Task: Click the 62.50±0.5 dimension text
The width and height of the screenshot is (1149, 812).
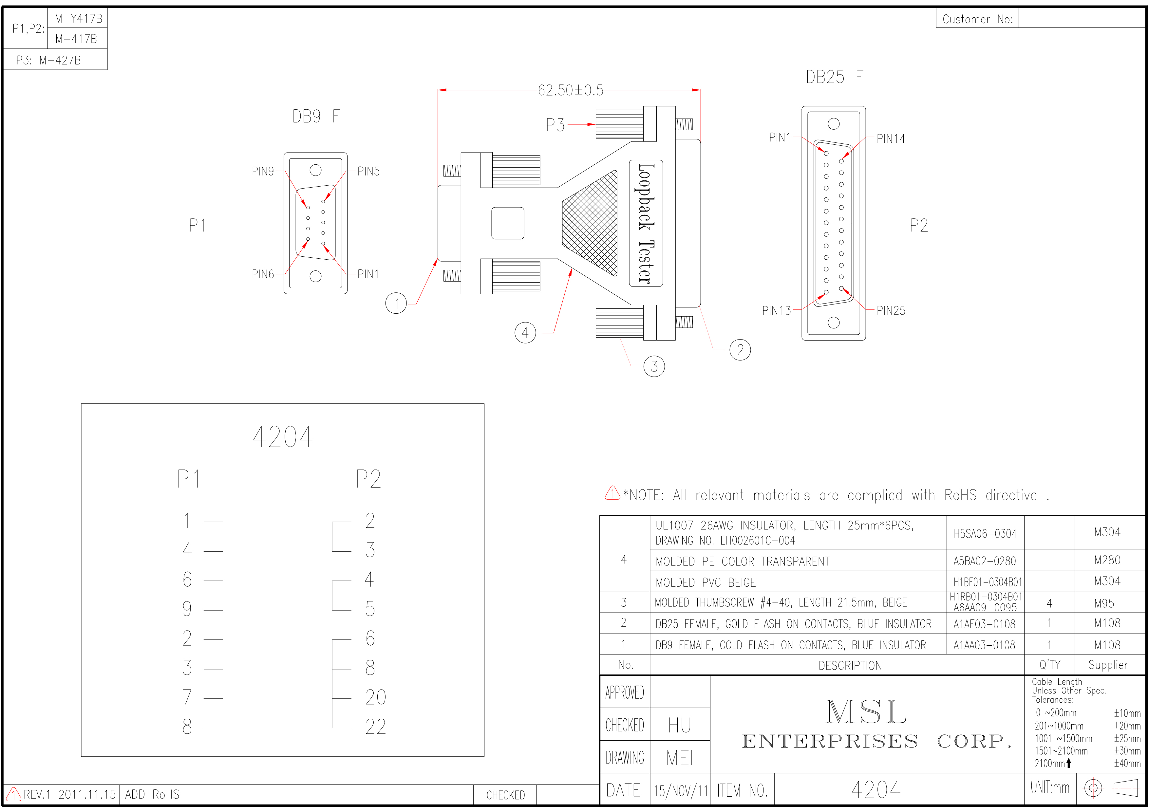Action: click(571, 91)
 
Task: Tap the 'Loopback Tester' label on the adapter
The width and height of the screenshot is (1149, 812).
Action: click(646, 223)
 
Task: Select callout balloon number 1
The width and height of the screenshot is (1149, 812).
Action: click(396, 303)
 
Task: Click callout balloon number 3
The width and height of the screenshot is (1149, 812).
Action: click(654, 366)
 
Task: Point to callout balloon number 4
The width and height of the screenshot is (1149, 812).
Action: click(525, 333)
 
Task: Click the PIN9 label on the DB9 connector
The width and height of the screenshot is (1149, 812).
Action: click(263, 172)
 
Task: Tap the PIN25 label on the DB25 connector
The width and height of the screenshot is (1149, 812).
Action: click(891, 311)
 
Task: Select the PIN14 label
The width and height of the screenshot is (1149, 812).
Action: click(891, 138)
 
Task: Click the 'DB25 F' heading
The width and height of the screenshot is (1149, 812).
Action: click(834, 77)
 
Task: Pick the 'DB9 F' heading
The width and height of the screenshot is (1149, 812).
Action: click(316, 117)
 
